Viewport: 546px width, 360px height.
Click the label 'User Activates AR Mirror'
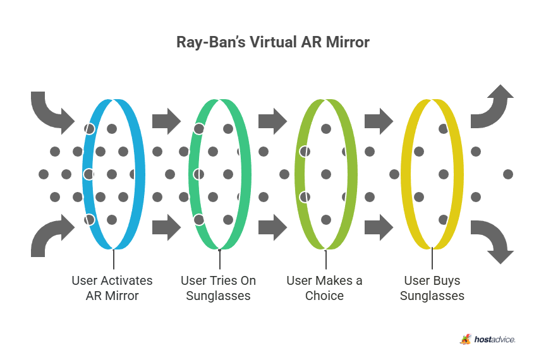112,288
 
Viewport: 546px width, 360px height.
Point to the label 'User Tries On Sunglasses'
218,288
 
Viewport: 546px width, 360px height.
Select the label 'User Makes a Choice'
324,288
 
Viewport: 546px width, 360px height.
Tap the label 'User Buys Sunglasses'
432,288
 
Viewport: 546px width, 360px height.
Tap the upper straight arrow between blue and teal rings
166,119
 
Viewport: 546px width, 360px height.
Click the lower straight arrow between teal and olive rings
272,227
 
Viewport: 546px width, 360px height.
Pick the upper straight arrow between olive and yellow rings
379,119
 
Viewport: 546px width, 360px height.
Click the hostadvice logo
487,339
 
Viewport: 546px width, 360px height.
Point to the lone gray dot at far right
508,174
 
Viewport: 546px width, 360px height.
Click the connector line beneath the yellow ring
432,259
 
